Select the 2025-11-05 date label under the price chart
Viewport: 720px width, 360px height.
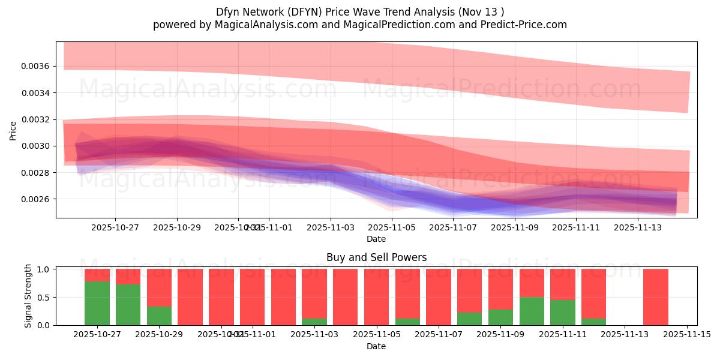(392, 228)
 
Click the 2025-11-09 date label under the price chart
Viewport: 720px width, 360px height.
(515, 228)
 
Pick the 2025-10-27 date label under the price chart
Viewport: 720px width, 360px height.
(115, 228)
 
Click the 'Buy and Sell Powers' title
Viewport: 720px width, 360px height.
(376, 257)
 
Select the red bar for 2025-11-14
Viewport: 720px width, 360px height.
(656, 297)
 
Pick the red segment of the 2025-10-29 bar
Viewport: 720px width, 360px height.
(159, 288)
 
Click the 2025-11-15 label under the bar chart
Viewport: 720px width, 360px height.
(687, 335)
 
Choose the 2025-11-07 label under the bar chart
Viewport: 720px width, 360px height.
(439, 335)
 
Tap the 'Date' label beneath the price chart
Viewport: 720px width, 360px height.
(376, 239)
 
